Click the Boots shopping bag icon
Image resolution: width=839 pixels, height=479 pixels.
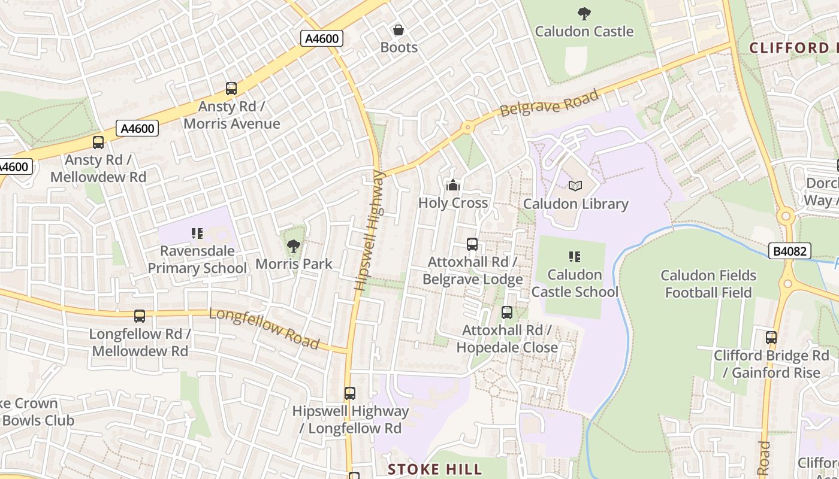click(398, 30)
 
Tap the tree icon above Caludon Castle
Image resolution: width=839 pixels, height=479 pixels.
click(584, 13)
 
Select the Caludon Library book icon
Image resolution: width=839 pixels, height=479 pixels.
click(575, 186)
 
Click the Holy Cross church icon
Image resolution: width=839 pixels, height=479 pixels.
click(453, 185)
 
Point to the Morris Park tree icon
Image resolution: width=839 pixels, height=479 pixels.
click(294, 245)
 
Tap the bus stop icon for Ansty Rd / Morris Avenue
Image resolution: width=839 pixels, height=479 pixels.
click(231, 89)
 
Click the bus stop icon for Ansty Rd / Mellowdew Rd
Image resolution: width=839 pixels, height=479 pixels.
click(98, 143)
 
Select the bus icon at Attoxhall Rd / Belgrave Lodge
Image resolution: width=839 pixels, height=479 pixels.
click(472, 244)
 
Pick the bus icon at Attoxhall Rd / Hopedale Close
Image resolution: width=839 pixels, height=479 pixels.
click(507, 313)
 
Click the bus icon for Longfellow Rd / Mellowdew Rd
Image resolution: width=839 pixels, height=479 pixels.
click(140, 316)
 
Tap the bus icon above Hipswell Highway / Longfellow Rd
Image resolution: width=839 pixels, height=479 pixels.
click(350, 393)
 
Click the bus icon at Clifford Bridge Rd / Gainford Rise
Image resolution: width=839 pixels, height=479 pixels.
click(771, 338)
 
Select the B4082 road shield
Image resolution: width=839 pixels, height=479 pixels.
click(789, 251)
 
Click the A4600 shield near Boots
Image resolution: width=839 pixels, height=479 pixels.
click(322, 39)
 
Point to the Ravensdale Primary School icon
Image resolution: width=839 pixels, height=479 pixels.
click(197, 233)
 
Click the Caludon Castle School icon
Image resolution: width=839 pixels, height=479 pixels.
click(575, 257)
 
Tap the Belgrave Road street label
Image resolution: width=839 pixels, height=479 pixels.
click(549, 104)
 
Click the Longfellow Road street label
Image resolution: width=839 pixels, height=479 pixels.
click(264, 328)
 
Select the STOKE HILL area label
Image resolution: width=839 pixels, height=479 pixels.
click(434, 469)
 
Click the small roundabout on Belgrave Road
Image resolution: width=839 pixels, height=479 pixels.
click(467, 127)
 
